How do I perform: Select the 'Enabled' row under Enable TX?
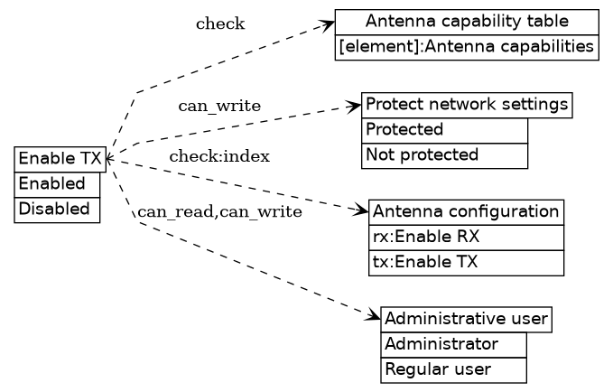57,184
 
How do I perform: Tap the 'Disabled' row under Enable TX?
57,210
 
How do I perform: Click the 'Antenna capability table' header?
467,22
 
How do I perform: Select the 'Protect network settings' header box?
467,105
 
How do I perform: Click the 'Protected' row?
444,130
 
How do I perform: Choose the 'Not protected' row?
444,155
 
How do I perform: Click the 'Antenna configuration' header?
466,212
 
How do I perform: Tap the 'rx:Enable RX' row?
466,238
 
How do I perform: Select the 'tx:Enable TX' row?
466,263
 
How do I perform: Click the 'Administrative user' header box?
466,319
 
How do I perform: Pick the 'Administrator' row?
453,344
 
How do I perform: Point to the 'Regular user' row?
453,369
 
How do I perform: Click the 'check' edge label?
220,24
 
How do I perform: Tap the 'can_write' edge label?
219,107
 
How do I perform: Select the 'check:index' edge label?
219,157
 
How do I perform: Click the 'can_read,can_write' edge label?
219,212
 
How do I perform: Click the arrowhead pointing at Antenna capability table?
329,24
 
